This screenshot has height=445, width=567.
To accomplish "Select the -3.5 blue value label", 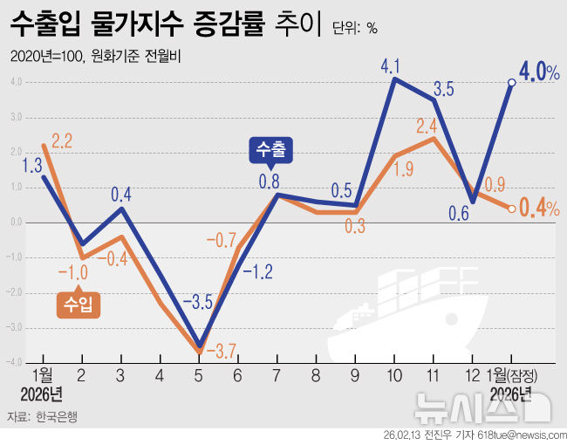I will pos(199,304).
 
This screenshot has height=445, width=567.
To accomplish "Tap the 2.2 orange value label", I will pos(62,140).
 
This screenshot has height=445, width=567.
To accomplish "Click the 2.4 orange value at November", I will pos(427,125).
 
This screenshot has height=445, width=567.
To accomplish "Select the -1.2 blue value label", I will pos(258,271).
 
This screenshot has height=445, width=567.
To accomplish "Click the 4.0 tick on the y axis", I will pos(16,82).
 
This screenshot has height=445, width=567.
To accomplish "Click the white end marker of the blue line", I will pos(511,83).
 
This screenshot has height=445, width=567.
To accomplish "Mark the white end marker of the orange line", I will pos(511,209).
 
